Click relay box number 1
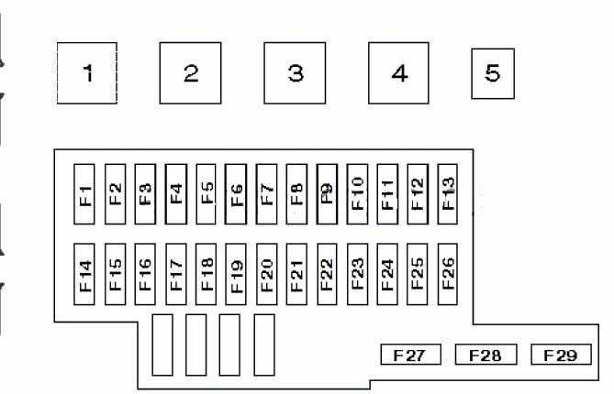87,73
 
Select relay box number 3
295,73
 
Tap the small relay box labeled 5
493,73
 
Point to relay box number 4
398,73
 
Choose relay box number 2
190,73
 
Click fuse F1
84,194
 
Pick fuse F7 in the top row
266,194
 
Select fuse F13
448,194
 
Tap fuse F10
357,194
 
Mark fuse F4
176,194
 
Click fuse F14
84,274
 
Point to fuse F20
267,274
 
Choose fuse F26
448,274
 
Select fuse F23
357,274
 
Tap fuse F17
176,274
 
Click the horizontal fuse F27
411,355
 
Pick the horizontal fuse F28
486,355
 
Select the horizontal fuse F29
561,355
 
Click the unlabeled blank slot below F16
162,345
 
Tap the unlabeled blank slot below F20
264,345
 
